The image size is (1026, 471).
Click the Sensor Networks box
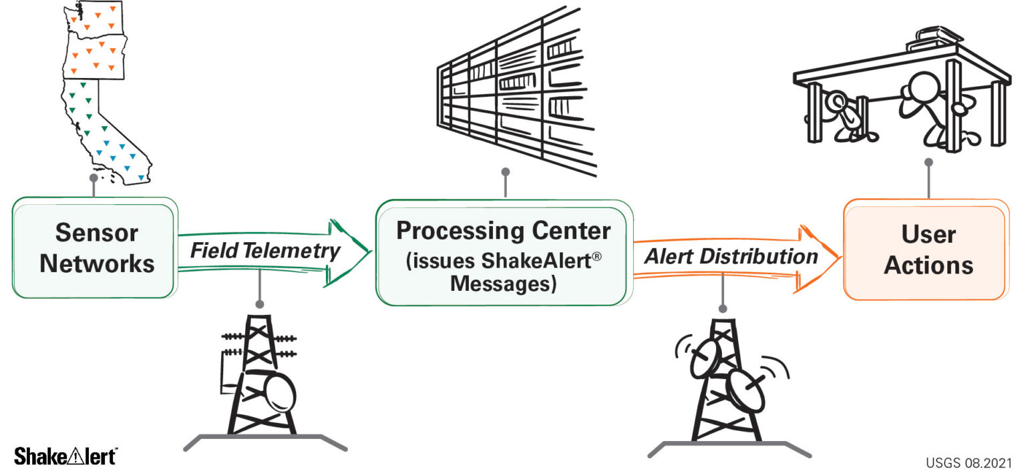94,248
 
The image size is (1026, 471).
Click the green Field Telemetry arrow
274,252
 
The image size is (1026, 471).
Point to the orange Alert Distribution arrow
735,257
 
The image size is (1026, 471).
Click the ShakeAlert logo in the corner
65,456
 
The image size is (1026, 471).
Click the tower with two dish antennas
728,380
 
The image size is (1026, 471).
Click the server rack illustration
514,93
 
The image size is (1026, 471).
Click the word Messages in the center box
502,284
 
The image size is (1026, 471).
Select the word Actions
928,266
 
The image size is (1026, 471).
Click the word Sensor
97,233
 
